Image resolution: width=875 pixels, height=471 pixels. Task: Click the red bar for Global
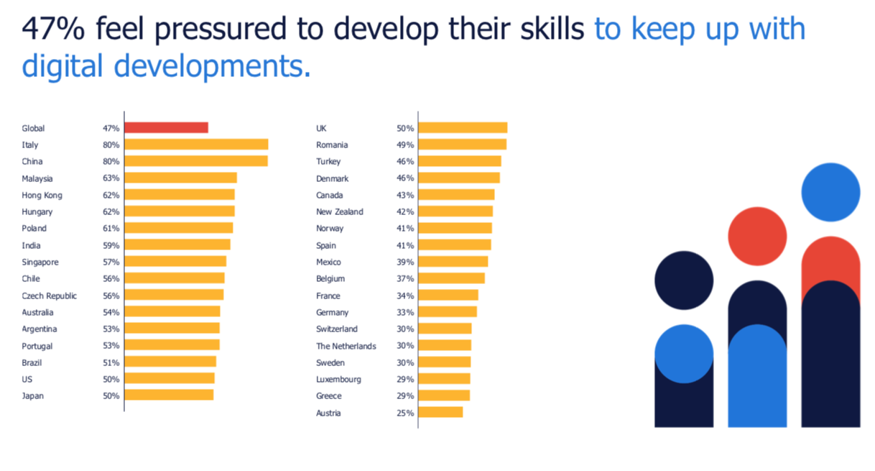click(167, 128)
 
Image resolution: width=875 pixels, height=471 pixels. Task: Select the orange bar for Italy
click(197, 145)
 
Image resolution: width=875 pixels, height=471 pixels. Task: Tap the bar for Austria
click(440, 412)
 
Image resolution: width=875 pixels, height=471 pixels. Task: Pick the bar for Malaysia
click(181, 178)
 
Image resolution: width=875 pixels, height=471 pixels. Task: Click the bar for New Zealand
click(455, 211)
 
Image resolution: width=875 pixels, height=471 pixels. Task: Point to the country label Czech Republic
click(50, 296)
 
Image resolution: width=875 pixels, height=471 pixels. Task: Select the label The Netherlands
click(346, 346)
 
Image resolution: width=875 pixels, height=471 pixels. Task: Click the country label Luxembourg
click(338, 380)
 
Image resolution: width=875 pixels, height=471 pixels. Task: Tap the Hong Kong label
click(42, 196)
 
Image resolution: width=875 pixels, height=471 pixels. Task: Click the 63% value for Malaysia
click(111, 178)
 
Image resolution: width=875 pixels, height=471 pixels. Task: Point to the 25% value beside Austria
click(405, 413)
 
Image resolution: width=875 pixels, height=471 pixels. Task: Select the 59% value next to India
click(111, 245)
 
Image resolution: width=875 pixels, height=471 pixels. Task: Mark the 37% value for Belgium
click(405, 279)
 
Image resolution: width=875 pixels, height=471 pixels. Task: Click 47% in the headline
click(53, 29)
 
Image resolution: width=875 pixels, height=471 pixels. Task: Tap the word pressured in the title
click(221, 30)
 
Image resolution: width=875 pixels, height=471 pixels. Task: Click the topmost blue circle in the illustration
click(831, 192)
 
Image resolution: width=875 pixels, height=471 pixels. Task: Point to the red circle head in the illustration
click(757, 236)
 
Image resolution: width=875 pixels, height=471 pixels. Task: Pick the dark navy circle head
click(684, 280)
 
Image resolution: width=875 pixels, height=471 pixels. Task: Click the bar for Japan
click(169, 395)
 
